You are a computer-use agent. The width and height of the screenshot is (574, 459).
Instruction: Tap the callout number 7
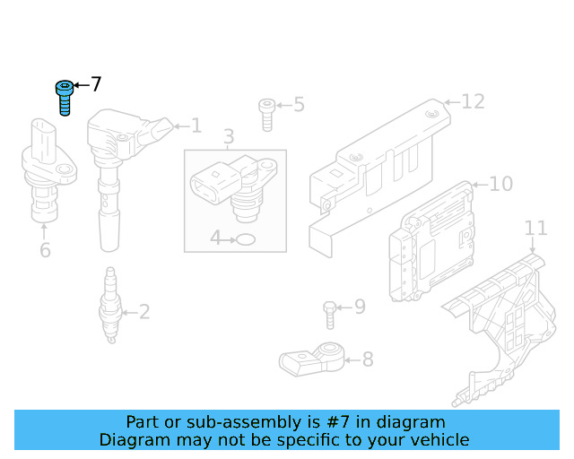pos(96,85)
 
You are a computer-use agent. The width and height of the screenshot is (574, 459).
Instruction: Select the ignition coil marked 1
pos(112,170)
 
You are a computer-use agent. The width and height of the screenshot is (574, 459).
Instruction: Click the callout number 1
pos(196,126)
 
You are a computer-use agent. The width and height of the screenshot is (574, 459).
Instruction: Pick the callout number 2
pos(143,313)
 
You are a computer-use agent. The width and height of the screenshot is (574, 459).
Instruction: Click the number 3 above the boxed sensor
pos(229,137)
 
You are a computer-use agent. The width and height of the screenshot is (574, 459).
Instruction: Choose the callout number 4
pos(215,238)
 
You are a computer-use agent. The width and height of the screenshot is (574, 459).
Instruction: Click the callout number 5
pos(299,105)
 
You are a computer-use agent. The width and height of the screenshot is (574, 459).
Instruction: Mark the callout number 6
pos(45,250)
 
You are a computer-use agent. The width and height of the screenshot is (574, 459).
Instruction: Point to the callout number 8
pos(367,360)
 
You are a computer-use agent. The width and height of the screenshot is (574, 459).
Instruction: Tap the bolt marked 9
pos(329,314)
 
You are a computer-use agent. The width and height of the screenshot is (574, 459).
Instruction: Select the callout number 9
pos(360,307)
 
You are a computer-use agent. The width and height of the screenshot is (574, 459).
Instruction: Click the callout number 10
pos(500,184)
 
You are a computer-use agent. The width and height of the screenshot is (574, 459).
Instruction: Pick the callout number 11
pos(535,229)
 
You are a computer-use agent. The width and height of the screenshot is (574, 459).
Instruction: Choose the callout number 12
pos(473,101)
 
